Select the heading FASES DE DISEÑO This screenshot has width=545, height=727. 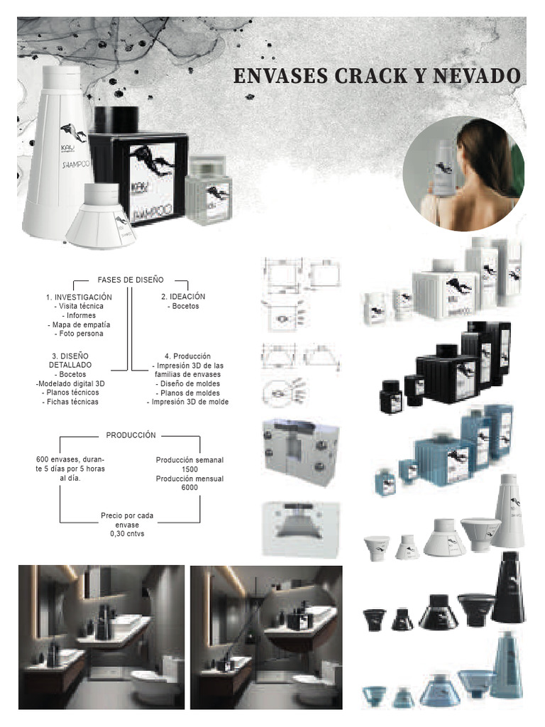tap(131, 280)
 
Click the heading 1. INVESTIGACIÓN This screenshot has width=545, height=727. tap(79, 296)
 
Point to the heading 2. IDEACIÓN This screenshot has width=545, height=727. tap(183, 296)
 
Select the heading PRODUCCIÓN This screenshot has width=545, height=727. tap(131, 435)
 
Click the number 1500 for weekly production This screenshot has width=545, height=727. tap(189, 469)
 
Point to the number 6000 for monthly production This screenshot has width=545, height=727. tap(189, 488)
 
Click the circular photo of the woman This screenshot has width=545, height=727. tap(463, 174)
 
